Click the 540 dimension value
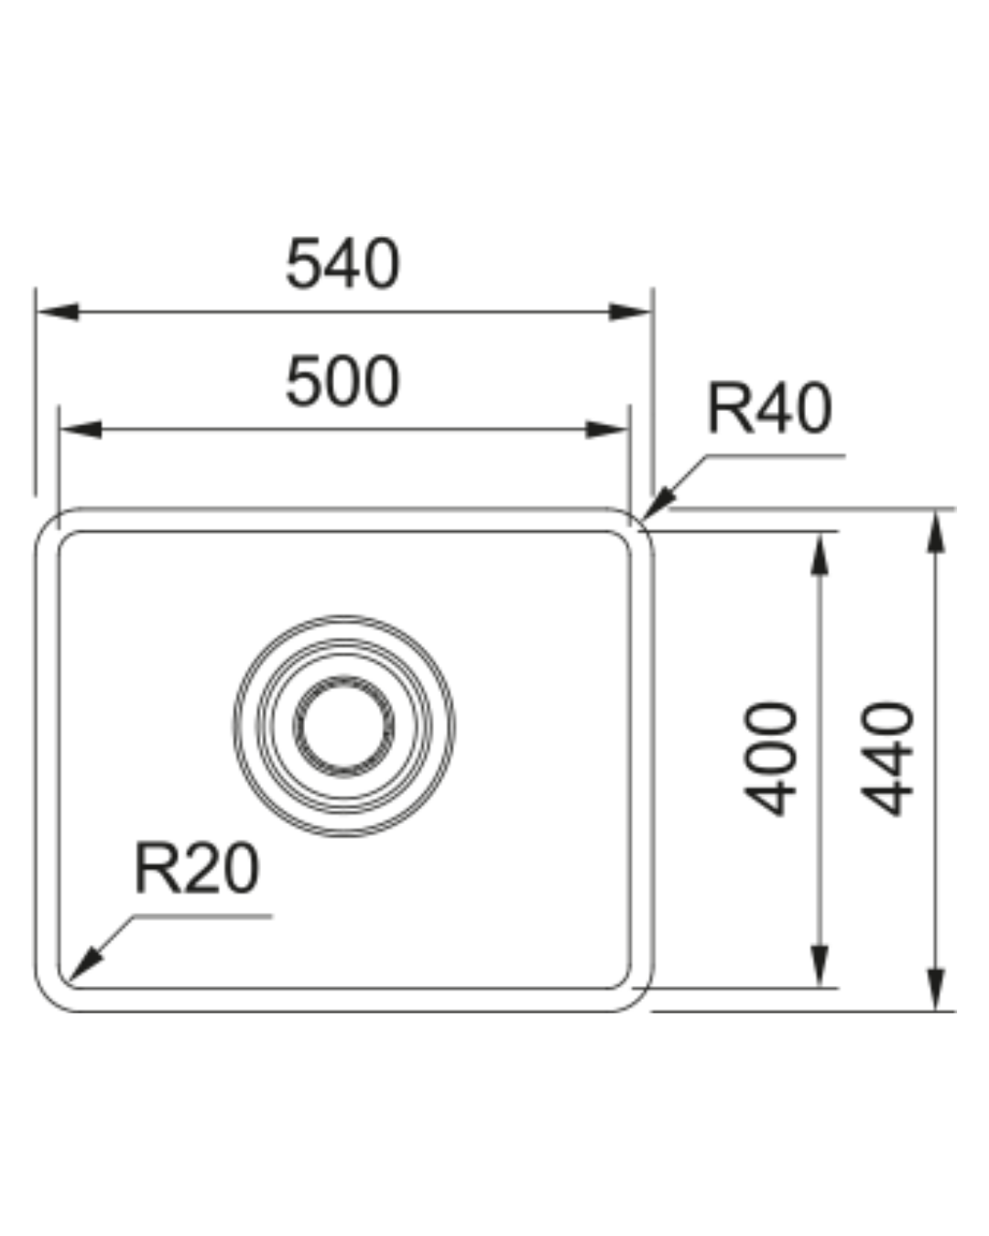click(x=342, y=263)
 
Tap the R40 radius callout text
click(x=770, y=407)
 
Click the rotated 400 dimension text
click(x=770, y=758)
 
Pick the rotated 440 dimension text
click(x=886, y=758)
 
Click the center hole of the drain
click(x=343, y=727)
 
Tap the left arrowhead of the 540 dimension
click(x=58, y=312)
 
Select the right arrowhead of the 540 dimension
click(x=630, y=312)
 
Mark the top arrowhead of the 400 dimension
click(x=820, y=554)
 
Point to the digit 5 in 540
click(x=303, y=263)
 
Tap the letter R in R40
click(x=730, y=407)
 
